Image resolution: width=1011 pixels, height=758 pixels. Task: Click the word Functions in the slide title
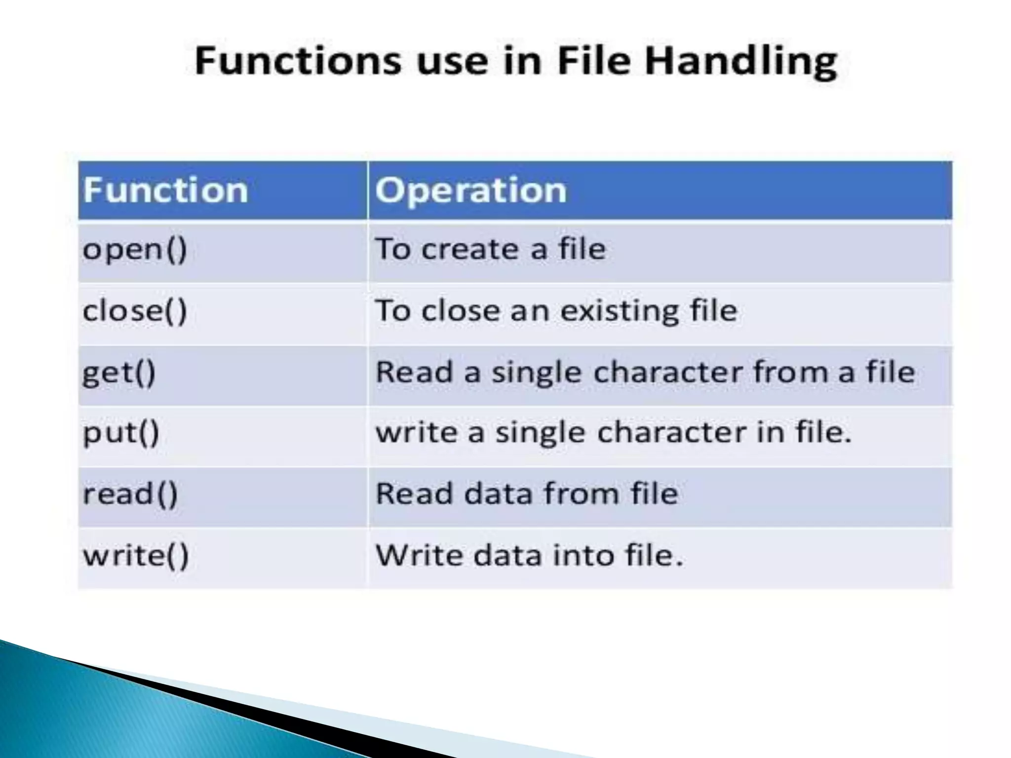298,61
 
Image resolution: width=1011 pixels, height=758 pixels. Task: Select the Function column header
165,190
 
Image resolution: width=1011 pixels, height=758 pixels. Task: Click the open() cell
135,249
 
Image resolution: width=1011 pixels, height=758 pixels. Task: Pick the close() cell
135,311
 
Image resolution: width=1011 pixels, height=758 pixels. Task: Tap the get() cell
119,373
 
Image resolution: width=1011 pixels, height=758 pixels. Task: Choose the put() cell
121,433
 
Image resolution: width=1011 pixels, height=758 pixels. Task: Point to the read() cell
130,494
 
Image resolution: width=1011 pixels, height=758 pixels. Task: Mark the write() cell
136,555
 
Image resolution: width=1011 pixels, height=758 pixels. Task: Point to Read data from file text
527,493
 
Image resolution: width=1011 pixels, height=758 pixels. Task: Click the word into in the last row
584,555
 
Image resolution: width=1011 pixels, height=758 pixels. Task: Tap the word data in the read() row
497,493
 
